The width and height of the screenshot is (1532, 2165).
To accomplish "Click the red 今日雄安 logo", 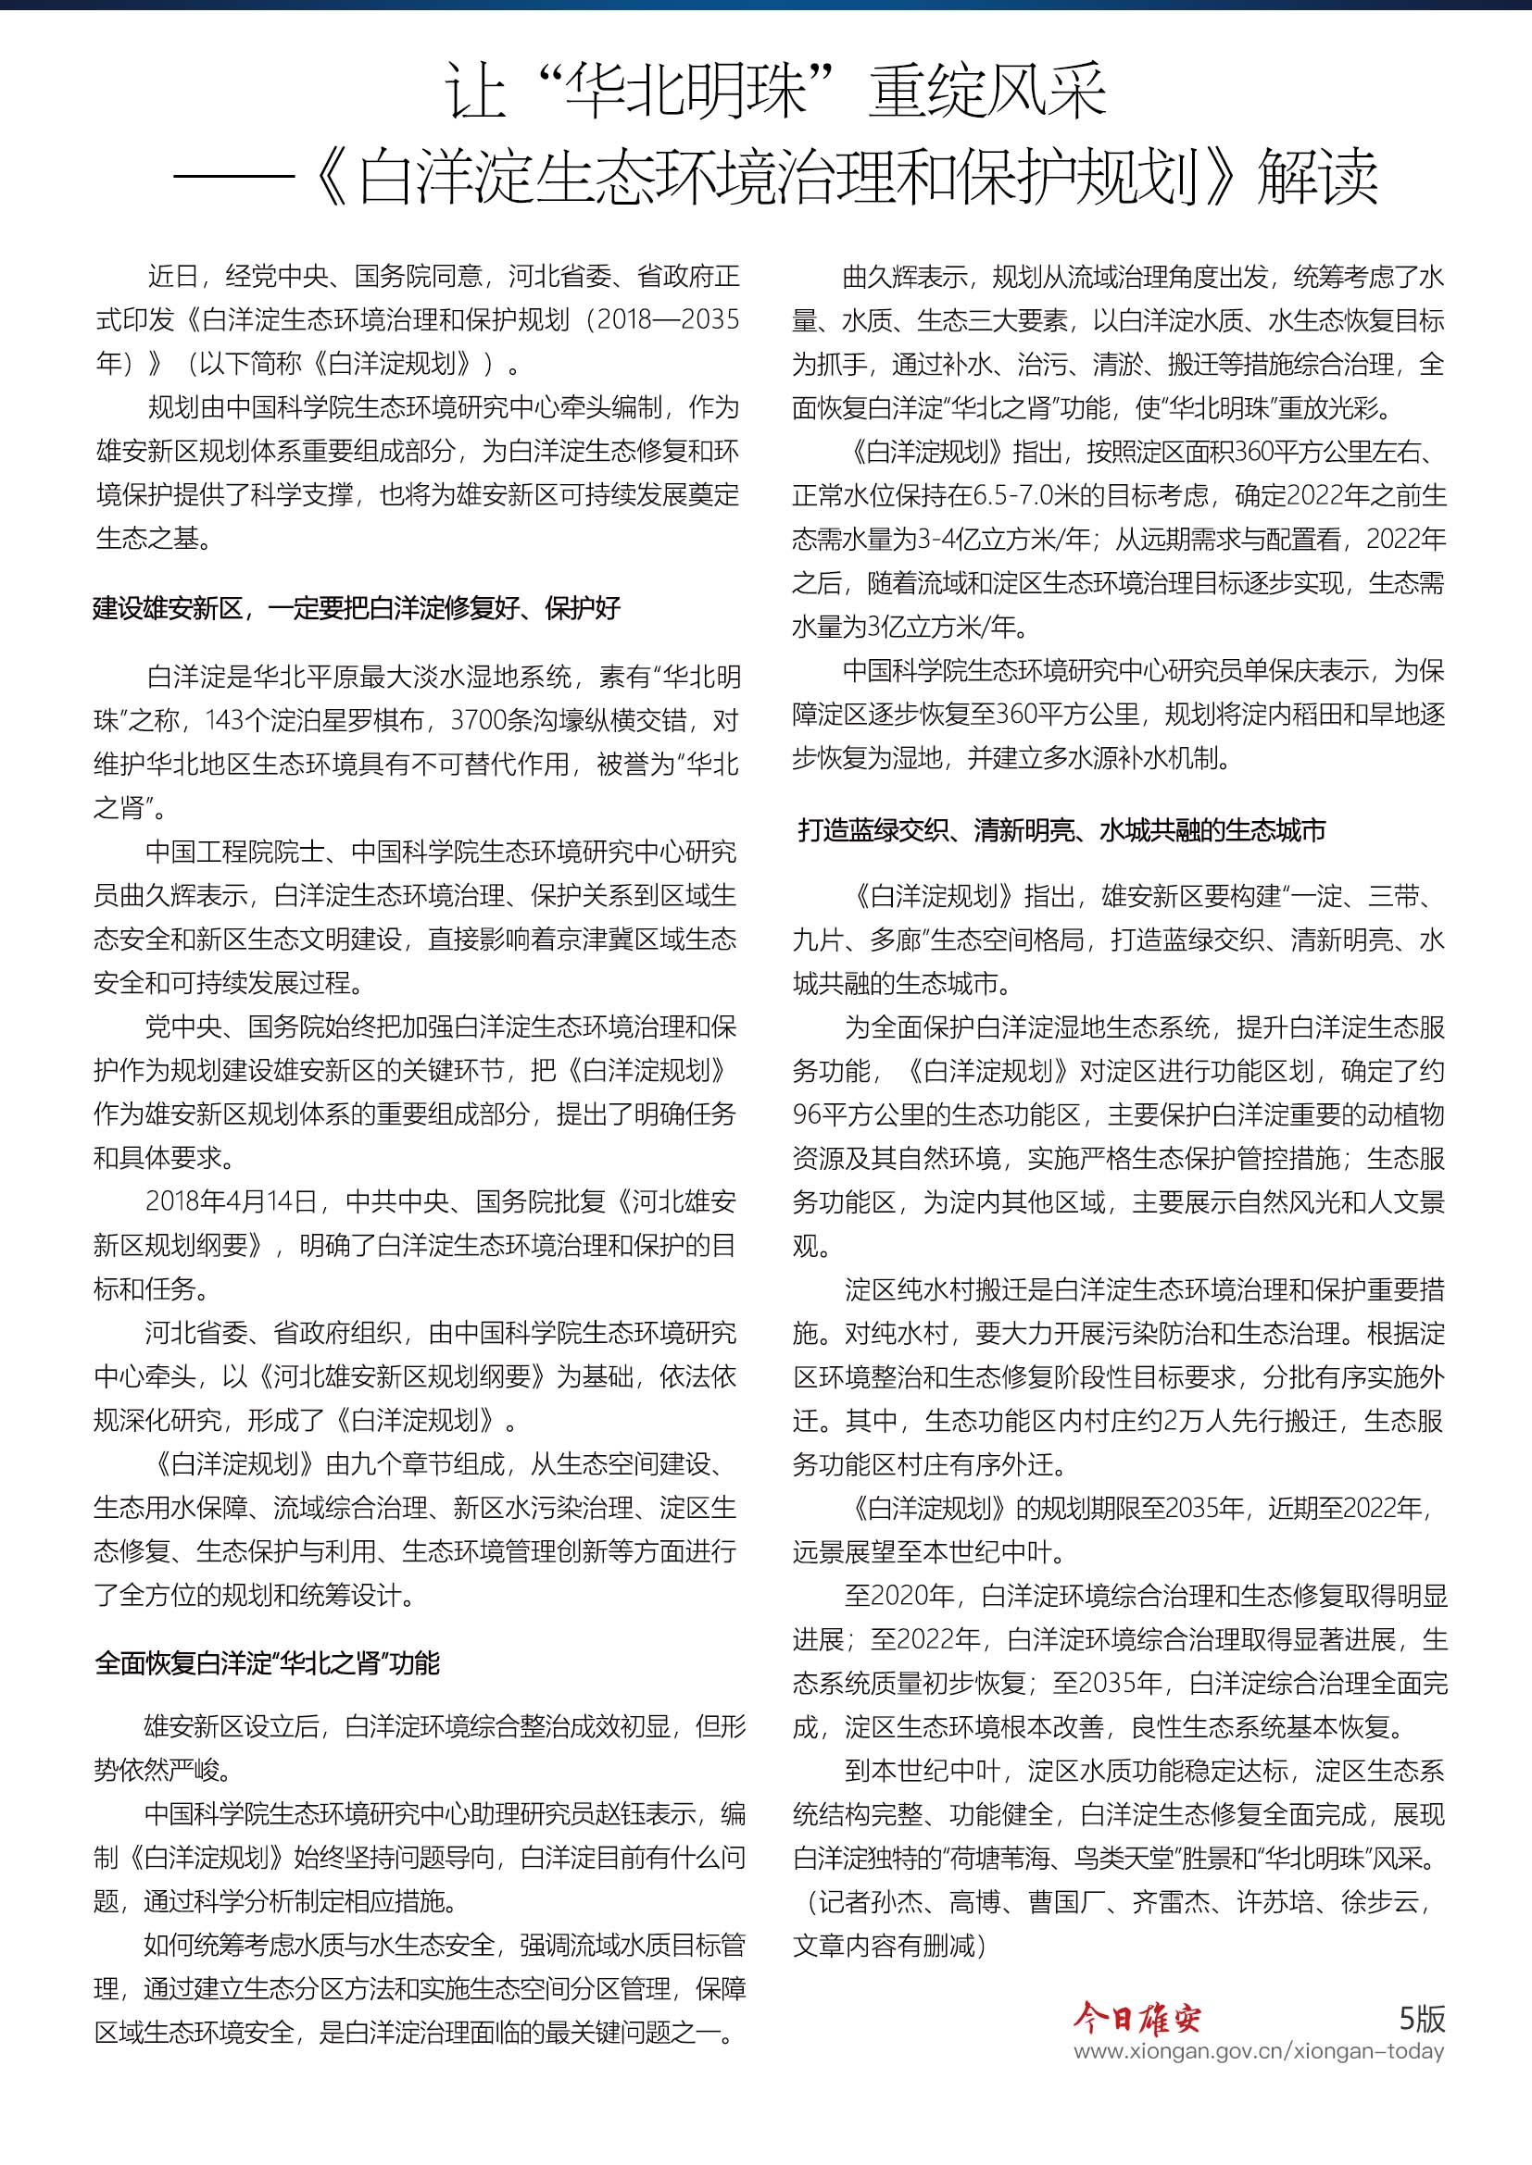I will pos(1136,2019).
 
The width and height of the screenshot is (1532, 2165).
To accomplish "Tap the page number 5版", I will pos(1422,2018).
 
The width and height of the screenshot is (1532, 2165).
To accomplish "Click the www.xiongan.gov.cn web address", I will pos(1259,2052).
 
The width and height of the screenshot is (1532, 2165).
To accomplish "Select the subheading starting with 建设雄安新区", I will pos(357,608).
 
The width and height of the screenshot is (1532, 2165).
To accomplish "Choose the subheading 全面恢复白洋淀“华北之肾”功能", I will pos(268,1663).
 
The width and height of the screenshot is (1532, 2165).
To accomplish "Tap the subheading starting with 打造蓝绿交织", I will pos(1062,829).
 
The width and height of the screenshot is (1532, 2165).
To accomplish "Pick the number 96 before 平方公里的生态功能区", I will pos(807,1114).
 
